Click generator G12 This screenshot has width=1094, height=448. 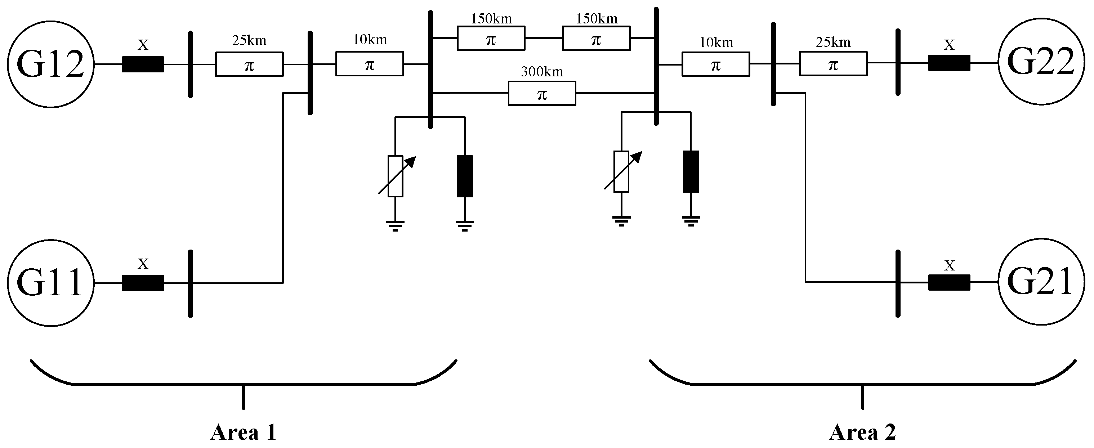[50, 64]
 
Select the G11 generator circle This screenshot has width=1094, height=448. [50, 283]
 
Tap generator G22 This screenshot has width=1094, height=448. [1041, 62]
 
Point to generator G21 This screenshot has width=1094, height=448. [1041, 282]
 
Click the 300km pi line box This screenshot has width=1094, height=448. [542, 93]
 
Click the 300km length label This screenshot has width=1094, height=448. [542, 72]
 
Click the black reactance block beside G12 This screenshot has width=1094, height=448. [143, 64]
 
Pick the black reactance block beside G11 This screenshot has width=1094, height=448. [143, 283]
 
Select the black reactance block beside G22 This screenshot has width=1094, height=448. [949, 63]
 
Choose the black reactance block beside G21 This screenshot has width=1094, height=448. [949, 282]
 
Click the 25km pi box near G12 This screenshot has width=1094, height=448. [249, 64]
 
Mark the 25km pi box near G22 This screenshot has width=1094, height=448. [833, 64]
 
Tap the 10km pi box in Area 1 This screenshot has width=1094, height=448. [370, 64]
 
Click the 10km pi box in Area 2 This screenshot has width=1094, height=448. [716, 64]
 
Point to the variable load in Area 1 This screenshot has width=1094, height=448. [396, 176]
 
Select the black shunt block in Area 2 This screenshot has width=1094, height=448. [691, 171]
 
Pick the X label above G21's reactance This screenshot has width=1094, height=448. [949, 266]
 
